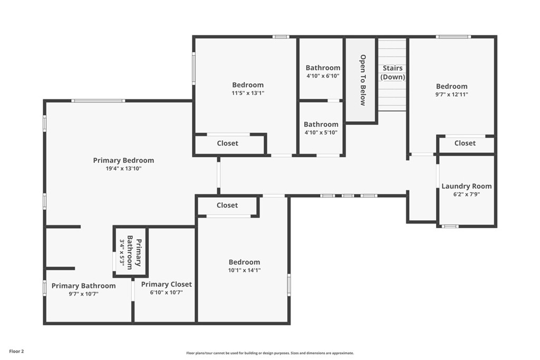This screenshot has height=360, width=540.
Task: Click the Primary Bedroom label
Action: coord(123,160)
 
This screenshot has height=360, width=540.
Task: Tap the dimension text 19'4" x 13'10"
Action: coord(123,169)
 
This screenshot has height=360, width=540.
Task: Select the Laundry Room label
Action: coord(466,186)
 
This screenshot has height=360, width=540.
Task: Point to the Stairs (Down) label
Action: coord(393,72)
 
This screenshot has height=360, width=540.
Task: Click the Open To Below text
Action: coord(363,80)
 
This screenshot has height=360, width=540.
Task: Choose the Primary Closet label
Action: coord(166,284)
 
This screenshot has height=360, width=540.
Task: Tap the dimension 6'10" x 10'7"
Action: coord(166,293)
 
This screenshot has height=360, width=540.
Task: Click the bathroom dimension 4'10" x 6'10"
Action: coord(323,76)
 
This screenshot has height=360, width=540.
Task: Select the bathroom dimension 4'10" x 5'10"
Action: coord(321,133)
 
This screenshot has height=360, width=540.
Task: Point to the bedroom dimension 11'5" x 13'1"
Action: coord(248,93)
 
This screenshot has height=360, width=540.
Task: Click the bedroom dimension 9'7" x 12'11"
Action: coord(451,95)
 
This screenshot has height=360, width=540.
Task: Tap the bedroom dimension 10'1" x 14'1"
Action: coord(244,270)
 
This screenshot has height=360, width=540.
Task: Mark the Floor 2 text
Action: coord(16,351)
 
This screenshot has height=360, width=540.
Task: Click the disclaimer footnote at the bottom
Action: coord(269,353)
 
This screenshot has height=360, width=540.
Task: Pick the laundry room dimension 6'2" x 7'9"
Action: coord(466,194)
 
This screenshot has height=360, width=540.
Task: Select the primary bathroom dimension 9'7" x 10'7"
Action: coord(83,294)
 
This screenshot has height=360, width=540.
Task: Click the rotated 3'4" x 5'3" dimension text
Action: coord(122,252)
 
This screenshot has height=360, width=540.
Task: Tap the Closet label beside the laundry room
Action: coord(465,143)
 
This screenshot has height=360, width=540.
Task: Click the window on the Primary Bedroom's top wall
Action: coord(98,101)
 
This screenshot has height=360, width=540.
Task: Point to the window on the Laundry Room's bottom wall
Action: coord(450,226)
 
